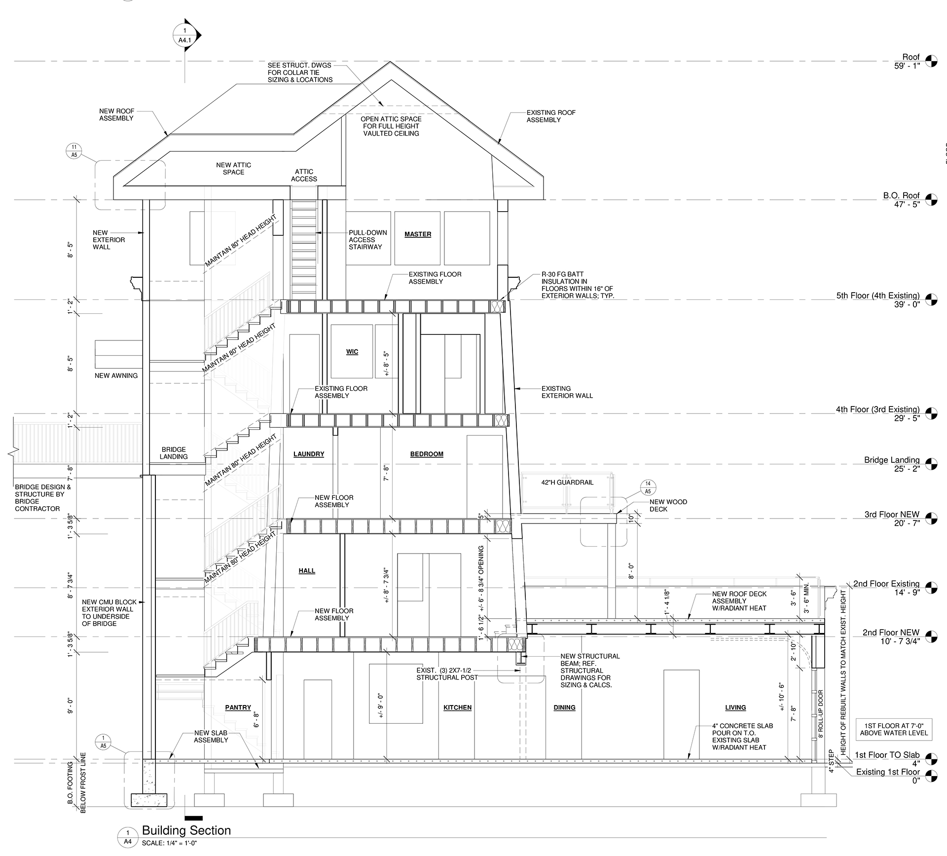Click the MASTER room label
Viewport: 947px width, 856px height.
pos(418,234)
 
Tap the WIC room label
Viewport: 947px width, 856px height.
pos(352,352)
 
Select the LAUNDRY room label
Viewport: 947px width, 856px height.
pos(309,454)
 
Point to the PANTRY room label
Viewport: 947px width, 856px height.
pos(238,707)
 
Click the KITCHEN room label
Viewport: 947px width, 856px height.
pos(458,707)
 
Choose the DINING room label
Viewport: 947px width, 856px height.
pos(565,707)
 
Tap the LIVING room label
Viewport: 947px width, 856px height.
pos(735,707)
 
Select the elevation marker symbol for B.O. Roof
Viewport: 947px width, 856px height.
pos(931,200)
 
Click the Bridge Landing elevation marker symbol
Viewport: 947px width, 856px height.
pos(931,464)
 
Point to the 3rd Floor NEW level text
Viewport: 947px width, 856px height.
pos(892,515)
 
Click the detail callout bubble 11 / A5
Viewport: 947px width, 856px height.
pos(74,151)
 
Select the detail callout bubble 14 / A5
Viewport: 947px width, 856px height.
pos(648,487)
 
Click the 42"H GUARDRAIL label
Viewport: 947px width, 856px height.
pos(567,482)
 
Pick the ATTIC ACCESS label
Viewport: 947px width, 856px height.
pos(304,175)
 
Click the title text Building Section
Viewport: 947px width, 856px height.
pos(186,830)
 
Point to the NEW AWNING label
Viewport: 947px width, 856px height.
pos(116,375)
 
